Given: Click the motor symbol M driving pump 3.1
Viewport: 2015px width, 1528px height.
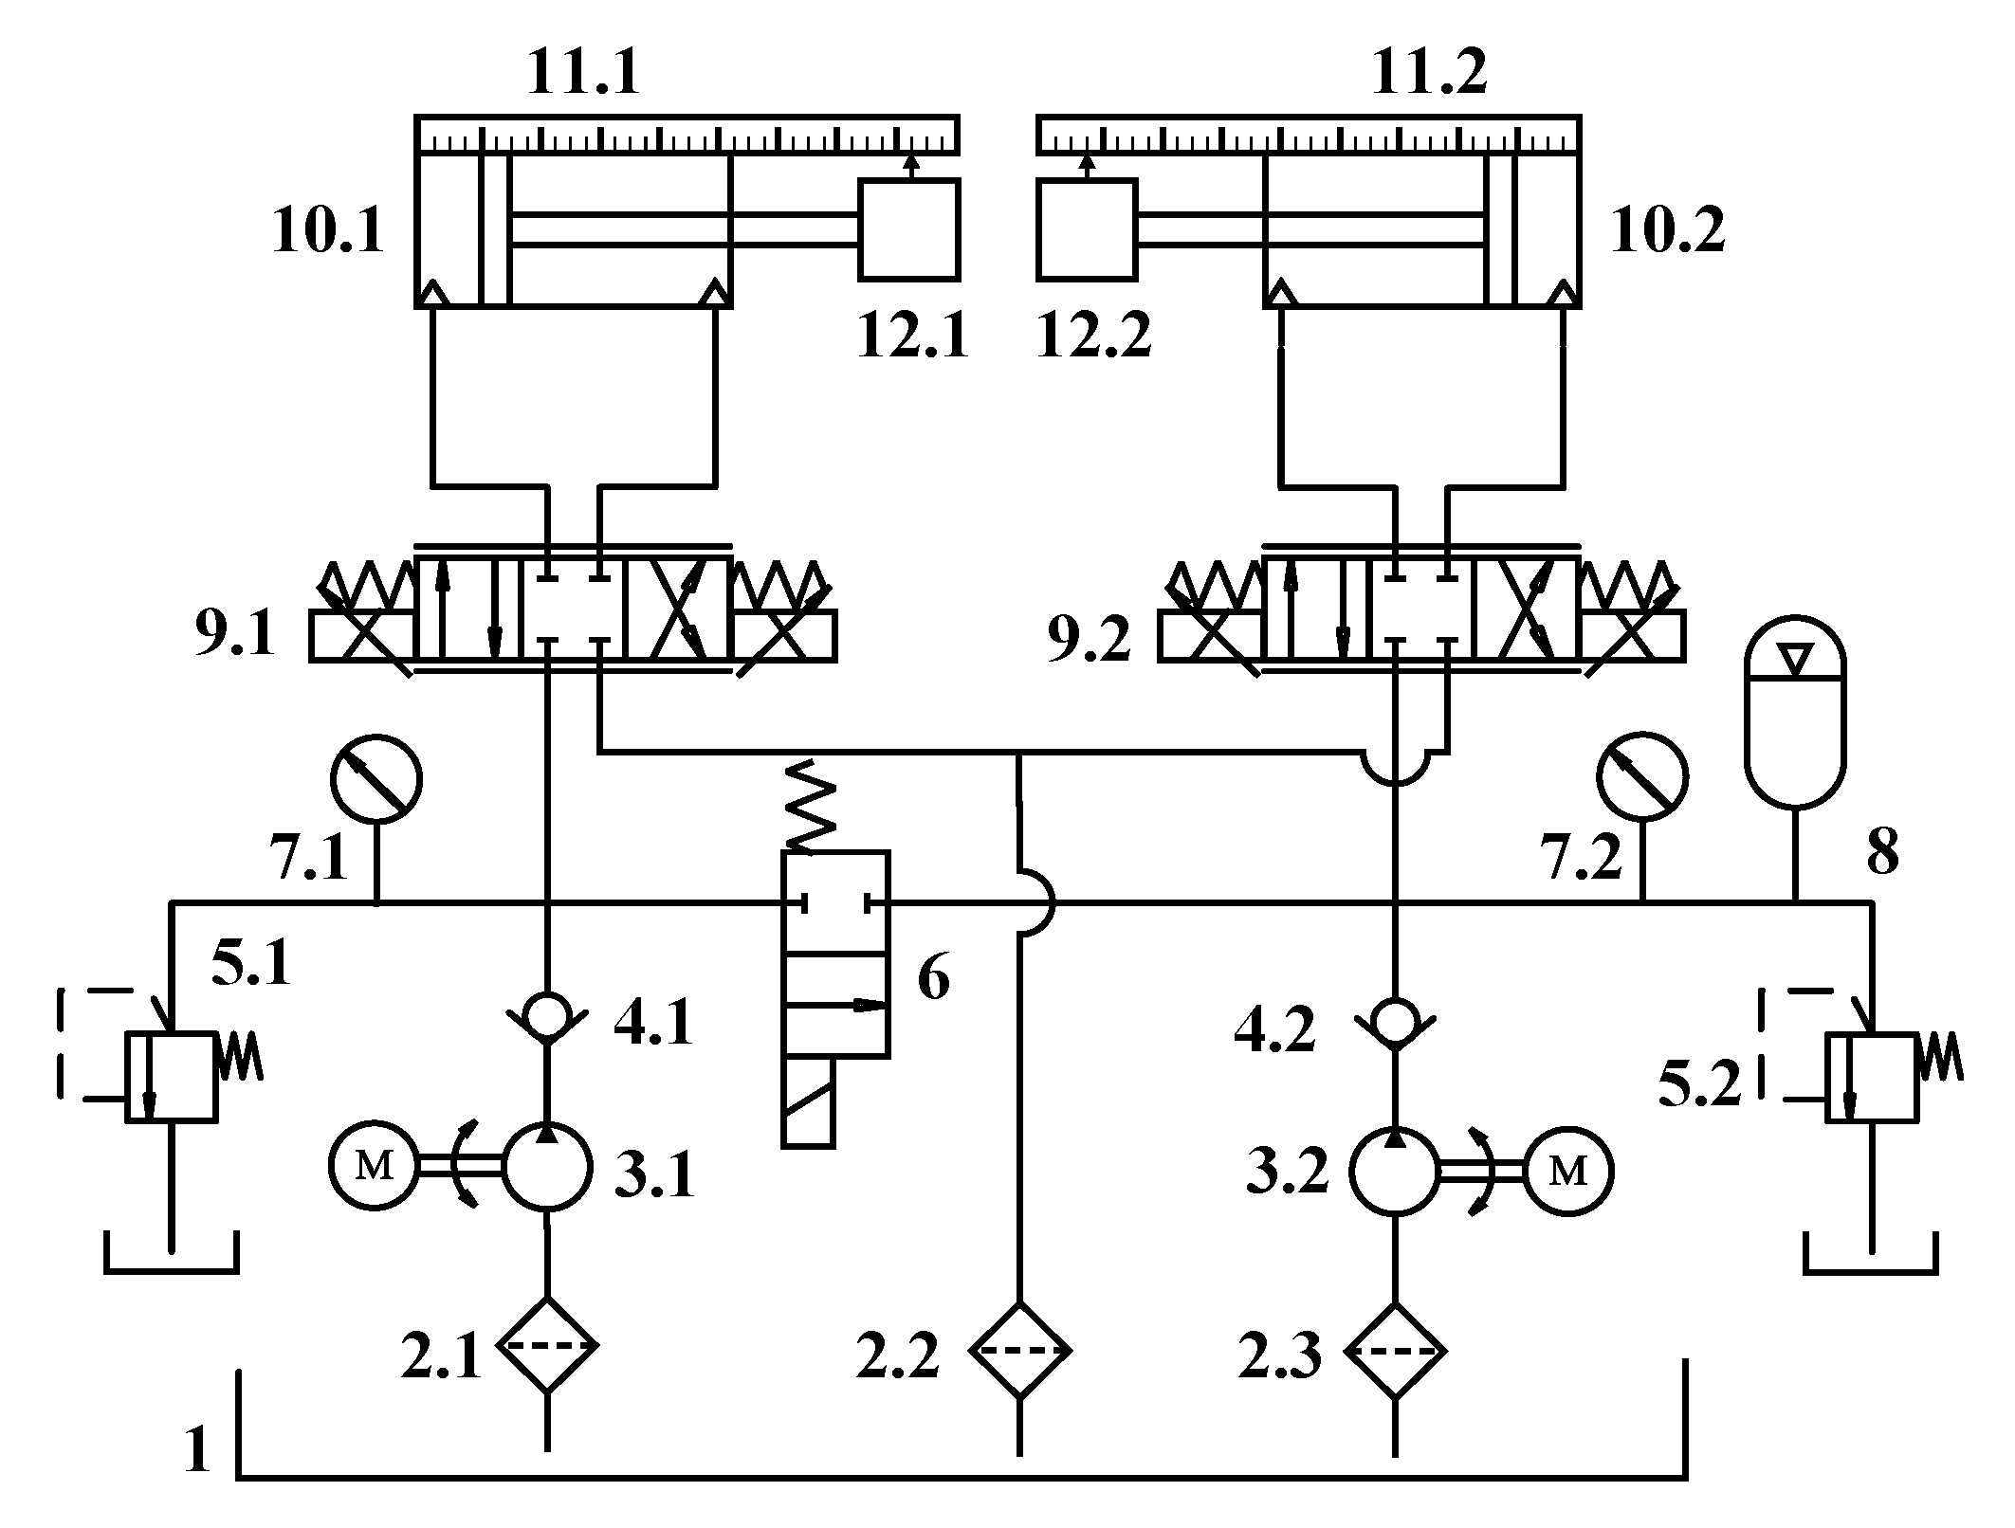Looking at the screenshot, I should pos(374,1168).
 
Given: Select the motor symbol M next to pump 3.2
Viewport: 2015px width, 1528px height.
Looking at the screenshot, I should pos(1567,1172).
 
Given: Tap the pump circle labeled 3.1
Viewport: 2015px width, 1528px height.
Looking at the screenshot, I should pos(547,1166).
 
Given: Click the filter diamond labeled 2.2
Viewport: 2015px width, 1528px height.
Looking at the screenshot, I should pos(1019,1349).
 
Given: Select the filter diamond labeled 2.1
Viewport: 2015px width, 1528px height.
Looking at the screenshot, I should pos(548,1345).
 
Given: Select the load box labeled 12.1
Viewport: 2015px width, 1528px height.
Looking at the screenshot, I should pos(909,229).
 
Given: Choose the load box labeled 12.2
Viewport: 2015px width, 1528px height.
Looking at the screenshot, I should pos(1087,229).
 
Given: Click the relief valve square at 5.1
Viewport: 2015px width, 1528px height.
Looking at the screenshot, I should pos(172,1078).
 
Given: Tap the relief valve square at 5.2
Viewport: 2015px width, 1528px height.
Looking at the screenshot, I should pos(1871,1078).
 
